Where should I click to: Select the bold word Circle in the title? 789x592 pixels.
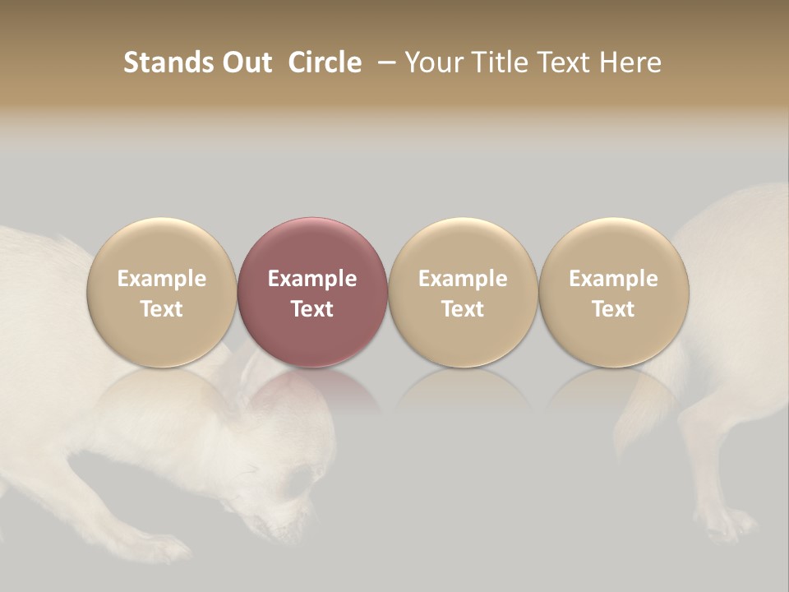coord(325,62)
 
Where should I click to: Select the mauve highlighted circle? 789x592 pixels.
coord(312,292)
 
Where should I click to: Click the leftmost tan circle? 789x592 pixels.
coord(162,292)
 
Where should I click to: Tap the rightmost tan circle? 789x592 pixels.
coord(614,292)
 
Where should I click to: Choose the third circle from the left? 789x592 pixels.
coord(463,292)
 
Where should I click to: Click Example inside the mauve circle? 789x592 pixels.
coord(312,279)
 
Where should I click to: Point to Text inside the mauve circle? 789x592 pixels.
coord(312,309)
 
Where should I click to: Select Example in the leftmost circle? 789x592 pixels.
coord(162,279)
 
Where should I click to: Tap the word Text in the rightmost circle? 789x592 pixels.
coord(614,309)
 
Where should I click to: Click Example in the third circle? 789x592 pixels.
coord(463,279)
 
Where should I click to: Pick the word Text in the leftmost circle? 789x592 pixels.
coord(162,309)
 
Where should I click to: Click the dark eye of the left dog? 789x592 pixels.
coord(293,481)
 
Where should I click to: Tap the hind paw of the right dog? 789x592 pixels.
coord(727,523)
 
